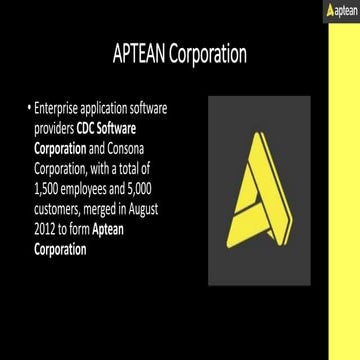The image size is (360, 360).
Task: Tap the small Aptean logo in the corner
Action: pyautogui.click(x=340, y=9)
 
